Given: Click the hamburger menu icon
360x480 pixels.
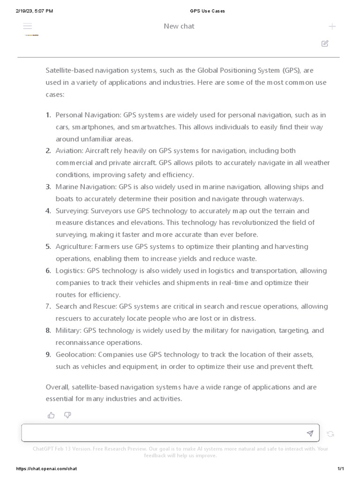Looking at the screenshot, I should click(x=28, y=26).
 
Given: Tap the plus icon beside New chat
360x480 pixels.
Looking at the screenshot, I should click(x=332, y=26).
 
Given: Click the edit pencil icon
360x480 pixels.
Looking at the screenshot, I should click(x=325, y=44).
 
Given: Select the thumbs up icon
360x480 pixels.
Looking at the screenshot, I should click(x=51, y=415).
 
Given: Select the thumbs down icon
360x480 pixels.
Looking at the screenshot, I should click(x=67, y=415).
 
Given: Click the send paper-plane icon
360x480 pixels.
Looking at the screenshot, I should click(x=310, y=434).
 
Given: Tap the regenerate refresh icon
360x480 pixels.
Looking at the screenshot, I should click(x=330, y=434).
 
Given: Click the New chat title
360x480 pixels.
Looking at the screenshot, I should click(x=179, y=26).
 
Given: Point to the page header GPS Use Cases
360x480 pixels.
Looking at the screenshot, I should click(x=207, y=11).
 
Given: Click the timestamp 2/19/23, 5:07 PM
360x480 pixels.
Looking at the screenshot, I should click(x=34, y=11).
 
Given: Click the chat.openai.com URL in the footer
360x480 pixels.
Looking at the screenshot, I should click(x=46, y=469).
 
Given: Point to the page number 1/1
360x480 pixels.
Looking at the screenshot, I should click(x=341, y=469).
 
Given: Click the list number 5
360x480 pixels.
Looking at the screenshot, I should click(x=48, y=247).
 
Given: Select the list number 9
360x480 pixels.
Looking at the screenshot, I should click(x=48, y=354).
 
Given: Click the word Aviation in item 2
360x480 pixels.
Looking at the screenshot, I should click(x=69, y=151).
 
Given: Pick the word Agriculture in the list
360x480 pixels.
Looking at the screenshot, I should click(x=74, y=247).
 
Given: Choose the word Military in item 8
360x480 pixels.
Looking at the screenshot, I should click(x=68, y=330).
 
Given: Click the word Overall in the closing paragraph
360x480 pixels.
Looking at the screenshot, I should click(x=58, y=387).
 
